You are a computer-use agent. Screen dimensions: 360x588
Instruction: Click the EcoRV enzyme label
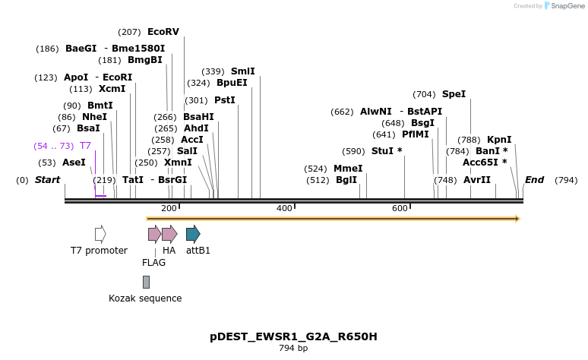pos(163,32)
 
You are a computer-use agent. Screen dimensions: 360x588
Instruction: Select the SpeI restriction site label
pos(454,94)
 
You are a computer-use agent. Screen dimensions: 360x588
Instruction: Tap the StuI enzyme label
pos(387,150)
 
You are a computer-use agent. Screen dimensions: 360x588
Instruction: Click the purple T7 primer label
pos(85,145)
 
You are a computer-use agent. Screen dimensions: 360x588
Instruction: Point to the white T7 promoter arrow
pos(100,234)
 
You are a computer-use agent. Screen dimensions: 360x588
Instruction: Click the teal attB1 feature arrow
pos(193,234)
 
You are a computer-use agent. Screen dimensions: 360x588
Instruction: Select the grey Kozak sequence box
pos(146,282)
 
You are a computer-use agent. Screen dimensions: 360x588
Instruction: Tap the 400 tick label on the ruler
pos(284,208)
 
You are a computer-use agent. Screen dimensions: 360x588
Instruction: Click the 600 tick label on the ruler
pos(400,208)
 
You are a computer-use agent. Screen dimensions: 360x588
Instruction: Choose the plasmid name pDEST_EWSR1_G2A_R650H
pos(293,336)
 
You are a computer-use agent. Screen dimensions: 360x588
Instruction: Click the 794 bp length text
pos(293,349)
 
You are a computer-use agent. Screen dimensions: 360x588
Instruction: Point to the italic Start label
pos(47,180)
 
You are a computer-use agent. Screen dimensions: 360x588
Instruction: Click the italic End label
pos(534,180)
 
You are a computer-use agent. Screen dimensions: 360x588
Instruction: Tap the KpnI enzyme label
pos(499,140)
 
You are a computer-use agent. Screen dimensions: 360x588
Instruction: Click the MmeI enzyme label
pos(348,169)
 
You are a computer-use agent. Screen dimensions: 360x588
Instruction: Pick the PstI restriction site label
pos(225,100)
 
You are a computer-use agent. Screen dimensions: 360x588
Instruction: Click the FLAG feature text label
pos(153,263)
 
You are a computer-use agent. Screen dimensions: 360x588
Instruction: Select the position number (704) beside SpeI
pos(424,94)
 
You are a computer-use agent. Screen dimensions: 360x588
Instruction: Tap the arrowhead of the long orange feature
pos(517,219)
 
